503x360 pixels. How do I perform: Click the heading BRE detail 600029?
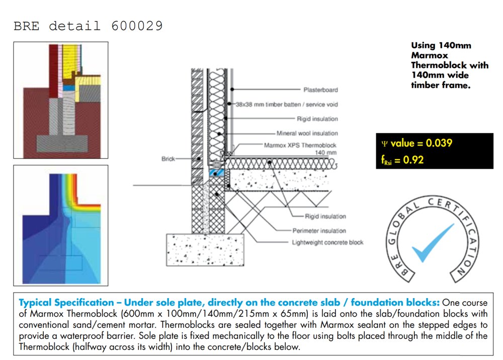click(88, 26)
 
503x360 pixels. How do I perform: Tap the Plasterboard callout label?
click(320, 90)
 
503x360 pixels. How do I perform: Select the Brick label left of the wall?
click(168, 159)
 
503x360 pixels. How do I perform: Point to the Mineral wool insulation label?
click(307, 133)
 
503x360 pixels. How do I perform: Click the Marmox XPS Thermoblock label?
click(300, 145)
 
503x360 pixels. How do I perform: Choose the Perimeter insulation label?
click(319, 231)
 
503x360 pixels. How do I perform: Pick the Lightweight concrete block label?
click(327, 243)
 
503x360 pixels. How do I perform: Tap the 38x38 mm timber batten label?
click(269, 104)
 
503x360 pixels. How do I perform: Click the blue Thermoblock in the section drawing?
click(216, 173)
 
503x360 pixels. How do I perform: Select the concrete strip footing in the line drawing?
click(205, 250)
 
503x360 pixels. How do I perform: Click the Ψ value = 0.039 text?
click(416, 143)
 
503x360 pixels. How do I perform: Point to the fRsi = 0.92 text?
click(402, 160)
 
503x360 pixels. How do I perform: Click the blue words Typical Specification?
click(66, 303)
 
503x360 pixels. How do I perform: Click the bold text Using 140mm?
click(441, 45)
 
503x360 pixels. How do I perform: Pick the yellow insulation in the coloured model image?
click(71, 61)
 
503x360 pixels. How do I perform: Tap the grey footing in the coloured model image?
click(62, 143)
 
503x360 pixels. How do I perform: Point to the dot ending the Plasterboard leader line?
click(232, 89)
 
